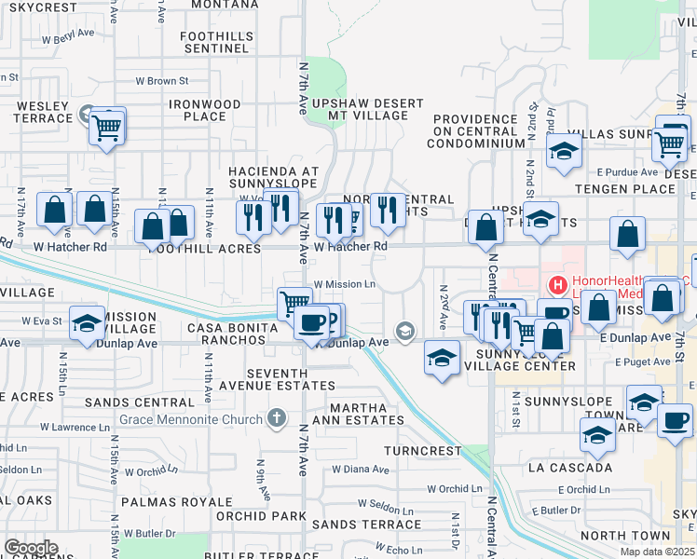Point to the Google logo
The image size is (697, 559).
coord(31,548)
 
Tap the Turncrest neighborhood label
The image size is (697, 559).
coord(424,450)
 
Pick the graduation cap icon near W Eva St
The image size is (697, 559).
coord(87,321)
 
